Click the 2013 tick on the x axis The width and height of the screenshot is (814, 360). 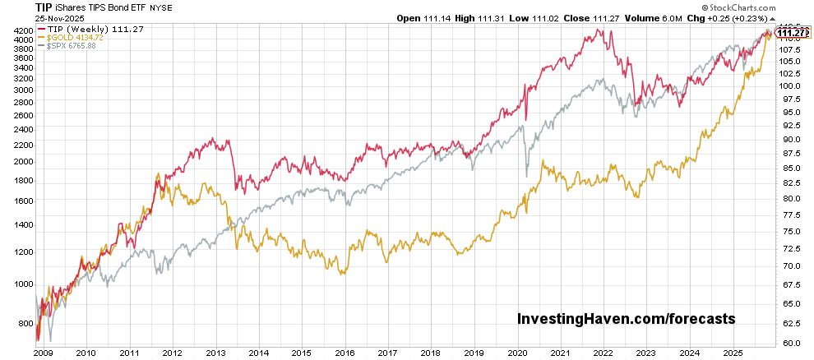(215, 352)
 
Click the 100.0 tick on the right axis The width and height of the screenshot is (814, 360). (789, 85)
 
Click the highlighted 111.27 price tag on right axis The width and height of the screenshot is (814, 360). (792, 33)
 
